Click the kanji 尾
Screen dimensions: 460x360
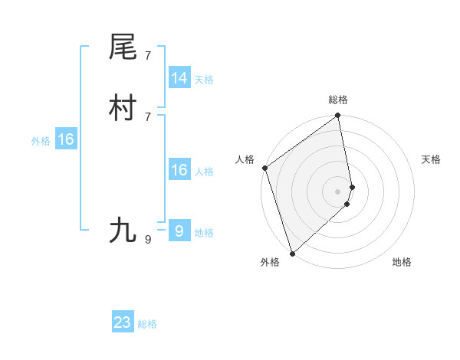[123, 47]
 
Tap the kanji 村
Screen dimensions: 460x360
[123, 109]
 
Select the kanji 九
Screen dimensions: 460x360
[123, 230]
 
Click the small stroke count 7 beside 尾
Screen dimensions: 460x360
[147, 55]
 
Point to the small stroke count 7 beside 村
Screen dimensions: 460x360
[147, 116]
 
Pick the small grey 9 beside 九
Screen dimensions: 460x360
[147, 239]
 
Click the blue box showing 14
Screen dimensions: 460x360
[179, 78]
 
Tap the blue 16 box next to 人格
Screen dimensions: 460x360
[179, 170]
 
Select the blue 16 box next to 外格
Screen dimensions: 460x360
[66, 139]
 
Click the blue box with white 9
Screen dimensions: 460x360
[179, 231]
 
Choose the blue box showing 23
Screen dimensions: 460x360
[123, 322]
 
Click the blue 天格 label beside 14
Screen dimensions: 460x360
[204, 80]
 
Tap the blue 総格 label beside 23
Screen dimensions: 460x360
[147, 324]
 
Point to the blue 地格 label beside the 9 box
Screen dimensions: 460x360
[204, 233]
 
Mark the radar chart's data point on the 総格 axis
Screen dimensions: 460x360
[338, 116]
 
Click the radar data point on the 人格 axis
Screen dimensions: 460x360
[265, 168]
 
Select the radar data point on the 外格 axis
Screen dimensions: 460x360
[292, 253]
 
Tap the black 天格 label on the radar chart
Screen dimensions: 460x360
[431, 159]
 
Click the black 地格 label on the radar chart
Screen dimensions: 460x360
[402, 262]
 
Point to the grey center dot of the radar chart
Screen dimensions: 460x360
[338, 191]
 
